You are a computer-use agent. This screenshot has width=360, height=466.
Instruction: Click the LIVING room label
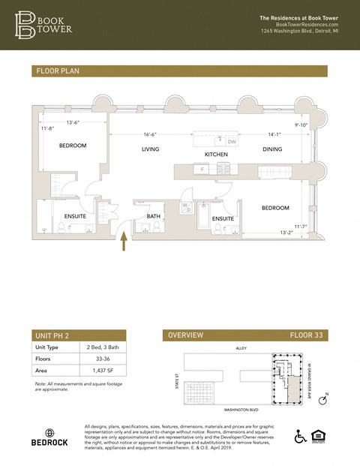(x=151, y=149)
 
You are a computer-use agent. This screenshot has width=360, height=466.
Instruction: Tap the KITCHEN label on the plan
(x=216, y=155)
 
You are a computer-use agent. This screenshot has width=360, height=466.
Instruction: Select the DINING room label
(x=272, y=149)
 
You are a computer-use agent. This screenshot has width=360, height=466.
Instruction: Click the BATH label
(x=154, y=217)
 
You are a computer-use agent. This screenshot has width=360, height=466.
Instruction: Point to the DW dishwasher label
(x=232, y=141)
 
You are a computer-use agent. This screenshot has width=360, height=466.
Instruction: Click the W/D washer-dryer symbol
(x=186, y=207)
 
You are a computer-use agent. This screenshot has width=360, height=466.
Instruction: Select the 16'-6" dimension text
(x=151, y=135)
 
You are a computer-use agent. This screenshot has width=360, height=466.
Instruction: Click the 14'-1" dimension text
(x=274, y=135)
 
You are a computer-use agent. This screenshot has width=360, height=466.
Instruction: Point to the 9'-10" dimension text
(x=301, y=125)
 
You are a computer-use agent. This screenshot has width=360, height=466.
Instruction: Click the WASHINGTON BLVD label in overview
(x=241, y=410)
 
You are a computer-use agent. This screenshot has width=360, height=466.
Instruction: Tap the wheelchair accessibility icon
(x=301, y=437)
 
